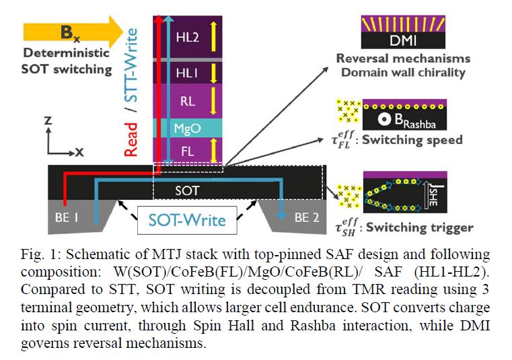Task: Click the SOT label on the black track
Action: [187, 190]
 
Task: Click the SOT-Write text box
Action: [187, 220]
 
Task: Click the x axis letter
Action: [79, 152]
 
